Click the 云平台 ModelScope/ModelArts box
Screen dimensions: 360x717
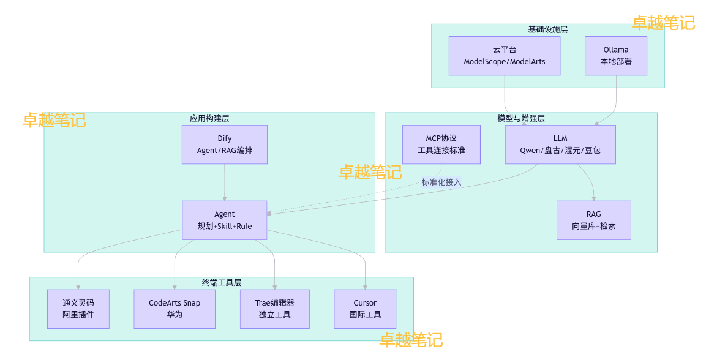tap(505, 56)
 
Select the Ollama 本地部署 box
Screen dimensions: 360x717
tap(615, 56)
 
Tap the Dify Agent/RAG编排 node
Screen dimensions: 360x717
tap(225, 144)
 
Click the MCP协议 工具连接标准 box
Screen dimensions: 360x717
tap(441, 144)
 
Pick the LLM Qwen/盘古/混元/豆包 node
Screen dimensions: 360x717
tap(560, 144)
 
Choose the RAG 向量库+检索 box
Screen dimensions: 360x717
tap(593, 220)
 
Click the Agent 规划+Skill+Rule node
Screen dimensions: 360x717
tap(225, 220)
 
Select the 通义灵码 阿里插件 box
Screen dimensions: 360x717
tap(78, 309)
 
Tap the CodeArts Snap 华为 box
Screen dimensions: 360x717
tap(175, 309)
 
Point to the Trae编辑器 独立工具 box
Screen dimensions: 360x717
tap(274, 309)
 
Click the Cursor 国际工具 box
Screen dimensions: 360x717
tap(365, 309)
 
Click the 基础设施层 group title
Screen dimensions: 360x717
tap(547, 29)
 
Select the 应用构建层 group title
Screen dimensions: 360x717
tap(209, 118)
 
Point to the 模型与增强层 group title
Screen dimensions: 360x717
tap(521, 118)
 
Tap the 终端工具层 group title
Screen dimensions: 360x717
tap(222, 282)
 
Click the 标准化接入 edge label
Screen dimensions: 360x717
tap(441, 182)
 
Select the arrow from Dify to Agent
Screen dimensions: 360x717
tap(225, 182)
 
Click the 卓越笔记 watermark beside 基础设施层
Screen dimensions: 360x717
tap(663, 23)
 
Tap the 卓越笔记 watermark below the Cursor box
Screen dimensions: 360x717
tap(411, 340)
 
